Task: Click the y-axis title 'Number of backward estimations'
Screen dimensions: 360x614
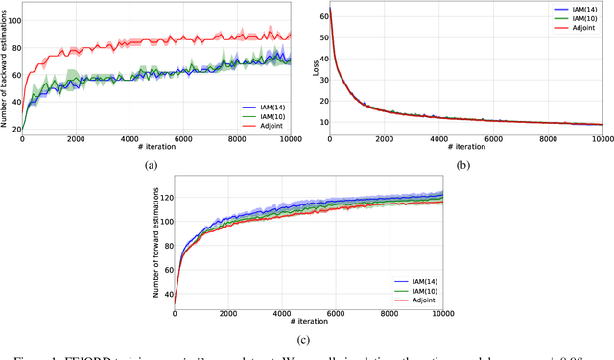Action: tap(6, 67)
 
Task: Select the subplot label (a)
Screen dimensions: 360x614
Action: tap(150, 165)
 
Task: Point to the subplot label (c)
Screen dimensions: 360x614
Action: tap(305, 338)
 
